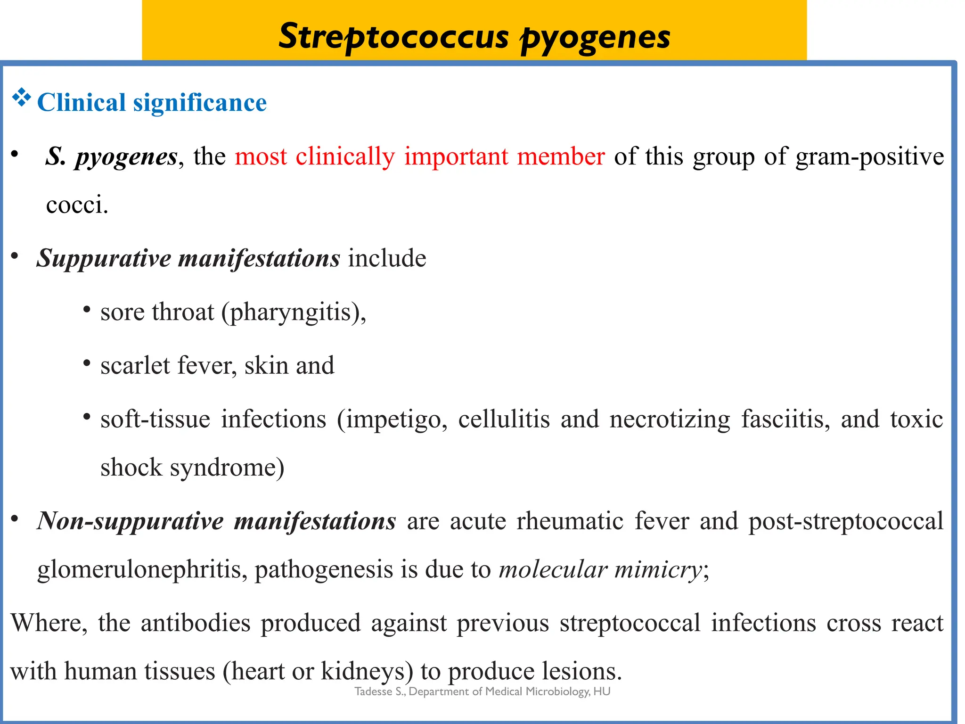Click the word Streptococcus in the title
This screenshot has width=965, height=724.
(393, 36)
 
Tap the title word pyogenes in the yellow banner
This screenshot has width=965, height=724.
(596, 38)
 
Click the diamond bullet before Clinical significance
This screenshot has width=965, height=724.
(21, 98)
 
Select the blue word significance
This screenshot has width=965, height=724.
(200, 103)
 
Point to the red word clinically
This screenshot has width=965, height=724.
(345, 156)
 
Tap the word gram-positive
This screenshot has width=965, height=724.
(869, 157)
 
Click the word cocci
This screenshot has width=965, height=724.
(77, 205)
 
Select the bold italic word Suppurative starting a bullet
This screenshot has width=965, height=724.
(104, 259)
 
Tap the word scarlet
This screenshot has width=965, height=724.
(135, 366)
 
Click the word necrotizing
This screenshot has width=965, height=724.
(670, 420)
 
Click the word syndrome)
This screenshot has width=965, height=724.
(227, 468)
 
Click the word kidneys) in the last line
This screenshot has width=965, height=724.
(367, 672)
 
